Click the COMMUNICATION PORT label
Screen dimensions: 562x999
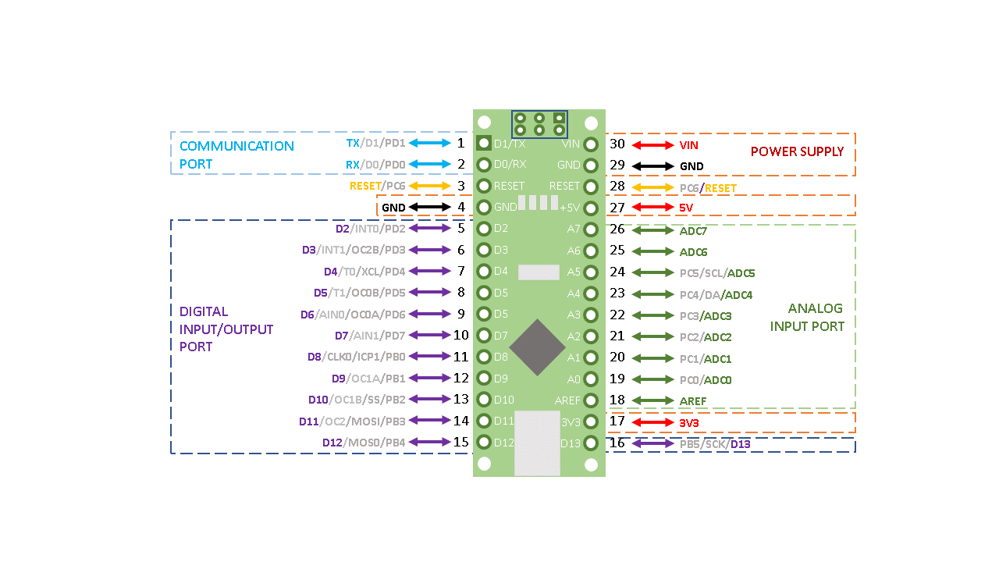tap(236, 155)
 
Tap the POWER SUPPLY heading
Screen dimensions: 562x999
tap(797, 151)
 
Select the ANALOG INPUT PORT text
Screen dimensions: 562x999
tap(807, 318)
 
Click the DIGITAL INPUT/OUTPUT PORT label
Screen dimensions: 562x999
tap(226, 329)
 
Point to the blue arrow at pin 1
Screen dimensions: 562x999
tap(429, 143)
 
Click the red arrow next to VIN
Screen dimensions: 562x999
tap(652, 145)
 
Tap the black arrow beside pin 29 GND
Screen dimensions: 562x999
tap(652, 166)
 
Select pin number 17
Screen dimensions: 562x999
tap(617, 421)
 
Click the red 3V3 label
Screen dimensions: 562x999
tap(689, 423)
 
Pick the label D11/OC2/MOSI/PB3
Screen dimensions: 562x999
tap(352, 421)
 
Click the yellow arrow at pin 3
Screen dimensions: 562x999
tap(429, 186)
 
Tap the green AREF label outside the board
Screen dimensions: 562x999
tap(692, 401)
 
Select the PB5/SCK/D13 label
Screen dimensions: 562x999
tap(715, 444)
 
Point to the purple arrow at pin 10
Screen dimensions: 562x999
tap(429, 335)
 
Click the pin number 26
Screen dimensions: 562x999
tap(617, 229)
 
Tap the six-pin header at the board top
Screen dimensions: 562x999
tap(539, 123)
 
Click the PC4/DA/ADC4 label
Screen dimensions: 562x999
tap(716, 295)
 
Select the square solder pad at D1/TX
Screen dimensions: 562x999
tap(484, 144)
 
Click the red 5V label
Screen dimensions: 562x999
tap(686, 208)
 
